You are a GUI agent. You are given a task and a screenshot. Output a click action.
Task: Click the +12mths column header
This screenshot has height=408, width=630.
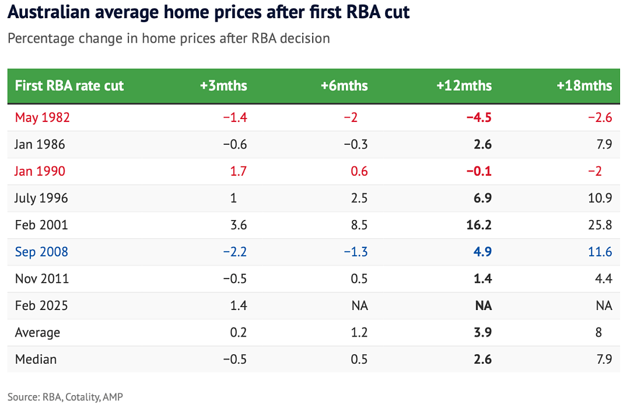[x=464, y=86]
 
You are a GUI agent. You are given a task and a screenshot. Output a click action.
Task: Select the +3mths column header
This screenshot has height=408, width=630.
[x=223, y=86]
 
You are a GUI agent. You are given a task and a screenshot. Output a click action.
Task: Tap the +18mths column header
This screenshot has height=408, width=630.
[x=584, y=86]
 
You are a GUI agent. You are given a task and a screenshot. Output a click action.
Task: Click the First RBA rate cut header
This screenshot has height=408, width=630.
[x=69, y=86]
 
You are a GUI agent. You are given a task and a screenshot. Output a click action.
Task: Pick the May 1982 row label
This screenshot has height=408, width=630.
[x=42, y=118]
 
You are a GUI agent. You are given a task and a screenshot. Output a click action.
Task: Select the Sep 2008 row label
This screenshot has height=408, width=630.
[x=41, y=252]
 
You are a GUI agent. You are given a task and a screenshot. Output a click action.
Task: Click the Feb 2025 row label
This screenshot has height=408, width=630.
[x=41, y=305]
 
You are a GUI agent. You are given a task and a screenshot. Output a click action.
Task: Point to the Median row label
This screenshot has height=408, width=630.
[x=36, y=360]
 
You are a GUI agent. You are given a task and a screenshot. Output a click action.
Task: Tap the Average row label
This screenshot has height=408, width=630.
[x=37, y=333]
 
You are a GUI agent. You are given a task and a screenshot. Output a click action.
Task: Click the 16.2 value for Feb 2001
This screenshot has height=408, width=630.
[x=479, y=225]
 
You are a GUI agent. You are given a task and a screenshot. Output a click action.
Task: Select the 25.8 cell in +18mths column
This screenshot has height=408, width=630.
[x=600, y=225]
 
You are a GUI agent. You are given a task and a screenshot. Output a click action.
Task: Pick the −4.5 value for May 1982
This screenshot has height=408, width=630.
[x=479, y=117]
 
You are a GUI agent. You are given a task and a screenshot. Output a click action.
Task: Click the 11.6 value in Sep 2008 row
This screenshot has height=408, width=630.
[x=600, y=252]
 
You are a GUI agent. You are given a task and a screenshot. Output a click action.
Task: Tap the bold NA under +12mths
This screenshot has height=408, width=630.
[x=484, y=306]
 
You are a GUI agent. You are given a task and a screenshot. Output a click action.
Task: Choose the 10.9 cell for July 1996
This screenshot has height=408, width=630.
[x=600, y=198]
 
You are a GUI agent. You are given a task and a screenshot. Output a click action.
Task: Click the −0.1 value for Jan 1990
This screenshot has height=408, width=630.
[x=479, y=171]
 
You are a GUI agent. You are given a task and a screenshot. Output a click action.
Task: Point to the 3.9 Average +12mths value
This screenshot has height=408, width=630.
[x=482, y=333]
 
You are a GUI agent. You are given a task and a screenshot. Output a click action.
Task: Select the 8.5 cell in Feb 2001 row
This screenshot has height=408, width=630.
[x=359, y=225]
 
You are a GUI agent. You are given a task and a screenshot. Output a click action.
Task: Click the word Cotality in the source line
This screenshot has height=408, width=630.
[x=83, y=397]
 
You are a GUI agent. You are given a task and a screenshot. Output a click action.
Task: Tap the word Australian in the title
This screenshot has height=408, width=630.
[x=48, y=12]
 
